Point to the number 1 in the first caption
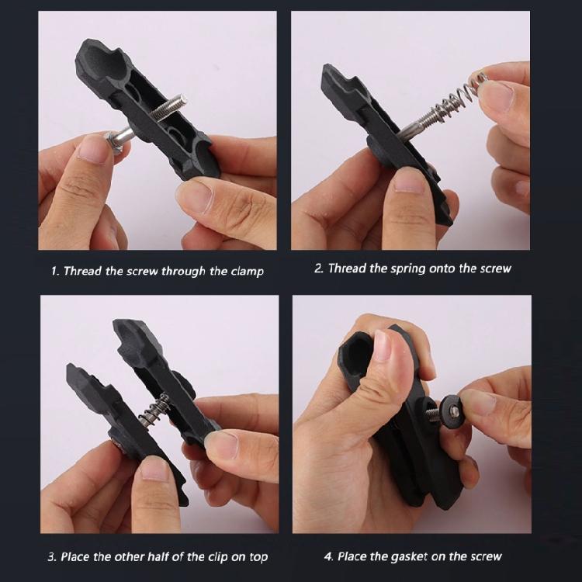[x=54, y=272]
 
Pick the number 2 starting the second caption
[x=318, y=268]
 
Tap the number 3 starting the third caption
[x=52, y=557]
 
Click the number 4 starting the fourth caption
[x=327, y=556]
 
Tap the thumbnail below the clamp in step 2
[x=408, y=181]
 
